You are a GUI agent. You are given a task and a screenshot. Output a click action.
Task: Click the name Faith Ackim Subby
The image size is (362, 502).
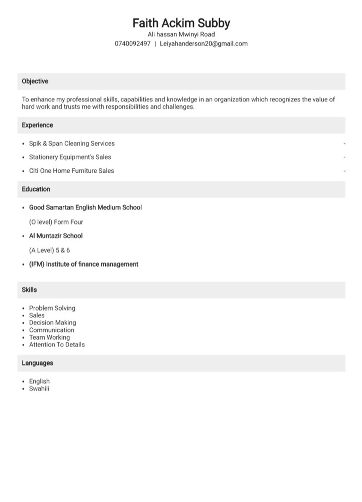[x=181, y=23]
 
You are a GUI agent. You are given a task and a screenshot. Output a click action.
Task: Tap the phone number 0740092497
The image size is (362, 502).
[x=132, y=44]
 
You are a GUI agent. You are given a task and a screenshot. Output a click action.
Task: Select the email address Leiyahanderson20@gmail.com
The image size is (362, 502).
[x=204, y=44]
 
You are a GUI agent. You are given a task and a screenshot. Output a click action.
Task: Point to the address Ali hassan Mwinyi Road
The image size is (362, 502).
[x=181, y=34]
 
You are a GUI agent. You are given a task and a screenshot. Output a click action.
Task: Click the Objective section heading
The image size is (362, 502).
[x=35, y=81]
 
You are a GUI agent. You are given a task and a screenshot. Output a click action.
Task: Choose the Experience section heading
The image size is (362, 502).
[x=37, y=125]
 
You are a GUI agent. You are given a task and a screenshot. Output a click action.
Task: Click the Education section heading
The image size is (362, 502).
[x=36, y=189]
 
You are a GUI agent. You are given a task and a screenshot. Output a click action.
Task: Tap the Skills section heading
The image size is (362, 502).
[x=29, y=290]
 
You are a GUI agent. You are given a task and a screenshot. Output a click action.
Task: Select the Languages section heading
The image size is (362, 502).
[x=37, y=363]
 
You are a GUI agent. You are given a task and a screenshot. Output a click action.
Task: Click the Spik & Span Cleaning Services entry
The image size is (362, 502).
[x=72, y=144]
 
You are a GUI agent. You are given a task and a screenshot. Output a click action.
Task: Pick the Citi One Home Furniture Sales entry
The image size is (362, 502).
[x=71, y=171]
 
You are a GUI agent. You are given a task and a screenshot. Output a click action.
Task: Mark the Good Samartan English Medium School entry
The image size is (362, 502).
[x=85, y=207]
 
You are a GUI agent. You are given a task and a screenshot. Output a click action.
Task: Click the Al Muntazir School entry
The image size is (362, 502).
[x=56, y=236]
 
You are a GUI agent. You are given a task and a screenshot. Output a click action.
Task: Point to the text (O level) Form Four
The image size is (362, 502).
[x=56, y=222]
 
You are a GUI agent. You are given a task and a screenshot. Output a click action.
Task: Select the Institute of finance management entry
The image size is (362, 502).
[x=84, y=264]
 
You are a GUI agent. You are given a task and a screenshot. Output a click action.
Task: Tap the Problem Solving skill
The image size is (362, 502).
[x=52, y=308]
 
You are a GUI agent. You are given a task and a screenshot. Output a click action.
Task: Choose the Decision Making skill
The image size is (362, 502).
[x=53, y=323]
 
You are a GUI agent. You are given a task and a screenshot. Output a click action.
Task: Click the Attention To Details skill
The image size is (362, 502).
[x=57, y=344]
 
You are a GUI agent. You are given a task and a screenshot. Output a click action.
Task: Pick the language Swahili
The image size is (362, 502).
[x=39, y=389]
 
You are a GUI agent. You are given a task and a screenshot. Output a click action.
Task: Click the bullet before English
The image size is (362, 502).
[x=24, y=382]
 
